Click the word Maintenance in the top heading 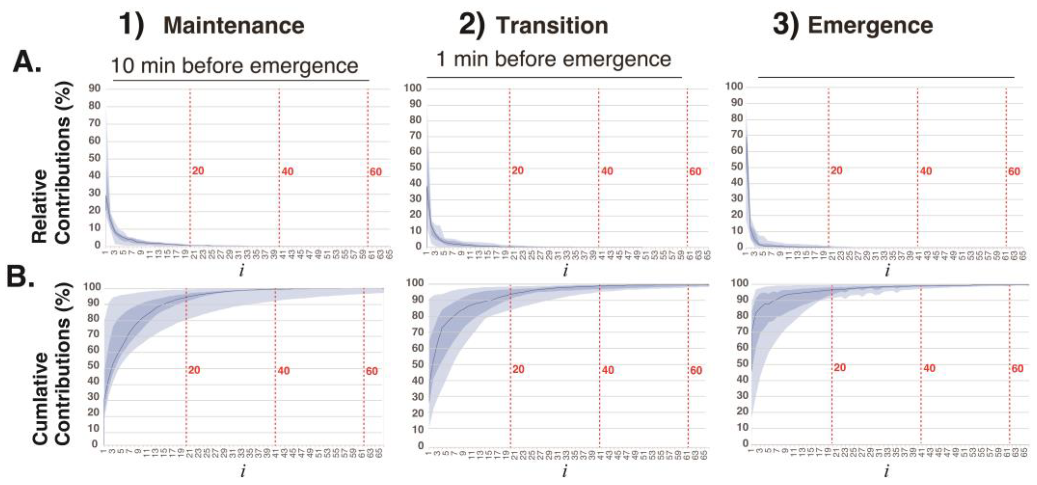coord(233,26)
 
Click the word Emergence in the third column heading coord(870,26)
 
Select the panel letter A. coord(27,63)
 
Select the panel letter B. coord(20,277)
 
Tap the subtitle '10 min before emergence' coord(234,65)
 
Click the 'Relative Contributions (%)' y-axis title coord(51,163)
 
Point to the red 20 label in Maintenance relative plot coord(198,171)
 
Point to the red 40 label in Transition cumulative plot coord(608,370)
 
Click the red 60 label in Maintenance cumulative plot coord(372,371)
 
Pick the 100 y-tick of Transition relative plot coord(413,88)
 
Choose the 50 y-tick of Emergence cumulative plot coord(742,363)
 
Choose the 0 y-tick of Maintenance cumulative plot coord(95,444)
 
